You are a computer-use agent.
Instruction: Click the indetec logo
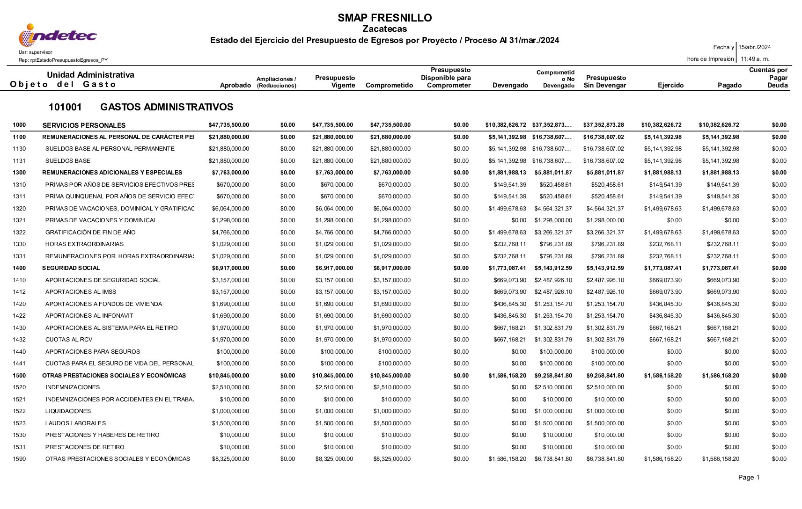[57, 36]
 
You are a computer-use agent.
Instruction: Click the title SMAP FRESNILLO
[384, 18]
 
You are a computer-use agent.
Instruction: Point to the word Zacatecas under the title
[384, 29]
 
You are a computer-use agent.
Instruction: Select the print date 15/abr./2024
[754, 47]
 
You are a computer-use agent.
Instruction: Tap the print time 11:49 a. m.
[755, 59]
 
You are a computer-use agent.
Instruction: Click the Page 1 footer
[749, 477]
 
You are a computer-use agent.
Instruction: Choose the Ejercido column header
[670, 85]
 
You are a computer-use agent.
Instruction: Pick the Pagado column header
[729, 85]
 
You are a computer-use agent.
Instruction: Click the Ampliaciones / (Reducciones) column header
[276, 82]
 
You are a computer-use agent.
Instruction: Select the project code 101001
[65, 107]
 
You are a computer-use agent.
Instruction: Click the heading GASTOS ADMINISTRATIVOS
[167, 107]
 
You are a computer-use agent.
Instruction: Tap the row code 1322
[19, 233]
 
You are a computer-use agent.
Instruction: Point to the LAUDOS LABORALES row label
[75, 423]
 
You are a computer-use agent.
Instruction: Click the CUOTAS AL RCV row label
[69, 340]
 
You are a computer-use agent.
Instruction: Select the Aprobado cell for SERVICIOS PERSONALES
[228, 125]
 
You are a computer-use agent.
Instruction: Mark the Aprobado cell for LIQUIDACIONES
[230, 411]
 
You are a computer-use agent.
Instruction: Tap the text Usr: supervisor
[36, 52]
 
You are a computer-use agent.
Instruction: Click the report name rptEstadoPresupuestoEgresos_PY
[63, 60]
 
